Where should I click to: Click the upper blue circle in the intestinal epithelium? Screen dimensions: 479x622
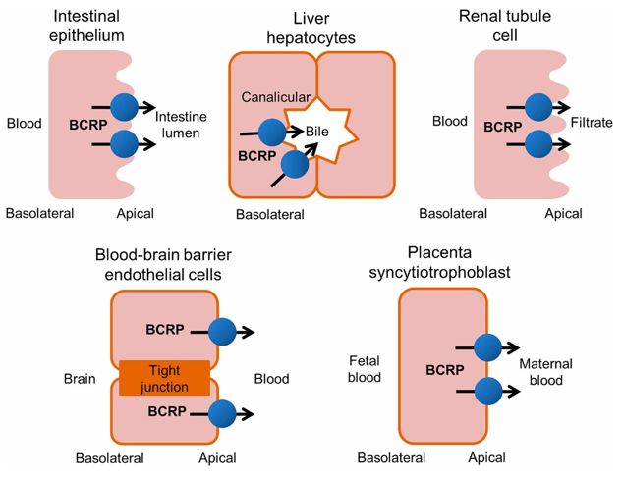click(x=124, y=106)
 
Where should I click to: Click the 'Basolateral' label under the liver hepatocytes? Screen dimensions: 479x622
click(x=271, y=213)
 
